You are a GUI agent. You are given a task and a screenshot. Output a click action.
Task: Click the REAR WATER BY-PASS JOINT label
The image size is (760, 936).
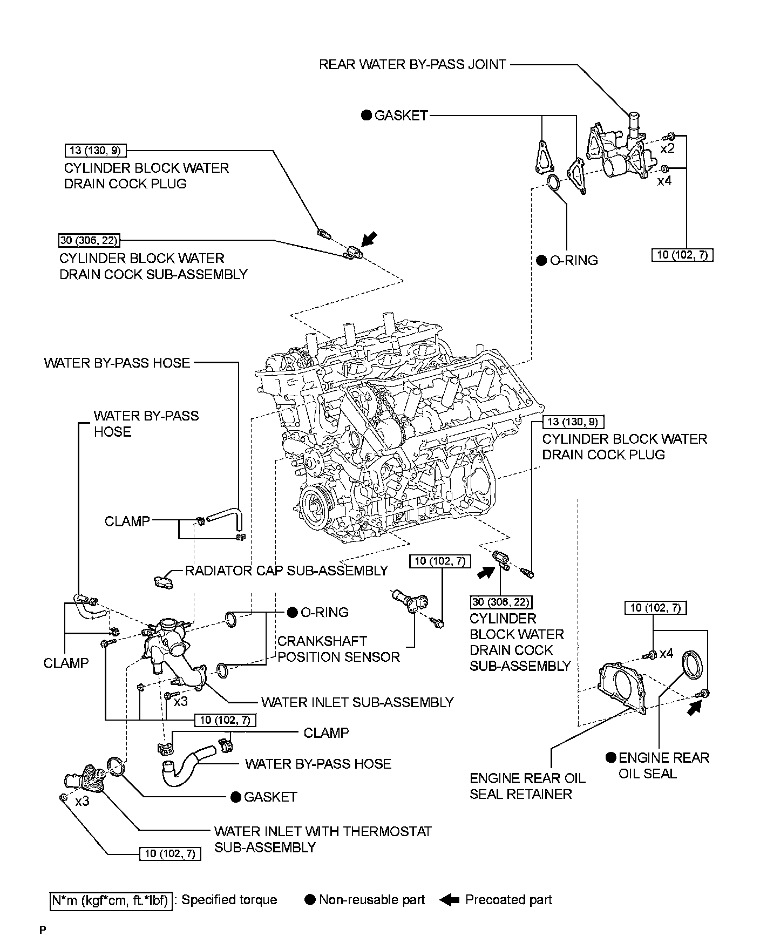coord(412,65)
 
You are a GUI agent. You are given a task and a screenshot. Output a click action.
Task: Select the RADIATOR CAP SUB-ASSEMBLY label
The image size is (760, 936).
coord(286,571)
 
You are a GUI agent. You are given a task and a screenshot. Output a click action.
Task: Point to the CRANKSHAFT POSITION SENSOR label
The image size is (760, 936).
coord(338,649)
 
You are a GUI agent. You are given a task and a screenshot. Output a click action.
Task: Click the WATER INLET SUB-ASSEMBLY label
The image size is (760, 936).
coord(357,702)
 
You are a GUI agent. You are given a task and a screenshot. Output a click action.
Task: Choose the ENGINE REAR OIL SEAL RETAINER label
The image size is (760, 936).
coord(527,786)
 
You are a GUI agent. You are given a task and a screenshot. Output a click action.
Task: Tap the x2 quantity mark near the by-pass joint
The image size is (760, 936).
coord(668,148)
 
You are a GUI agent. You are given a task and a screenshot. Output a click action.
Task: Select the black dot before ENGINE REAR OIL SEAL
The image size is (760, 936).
coord(610,758)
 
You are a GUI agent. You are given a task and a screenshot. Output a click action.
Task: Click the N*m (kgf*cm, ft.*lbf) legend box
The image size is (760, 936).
coord(111,900)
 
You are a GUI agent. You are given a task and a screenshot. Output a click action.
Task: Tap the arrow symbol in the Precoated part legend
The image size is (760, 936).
coord(449,900)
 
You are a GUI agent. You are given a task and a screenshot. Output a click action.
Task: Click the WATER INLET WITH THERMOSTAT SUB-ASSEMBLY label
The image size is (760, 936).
coord(323,839)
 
